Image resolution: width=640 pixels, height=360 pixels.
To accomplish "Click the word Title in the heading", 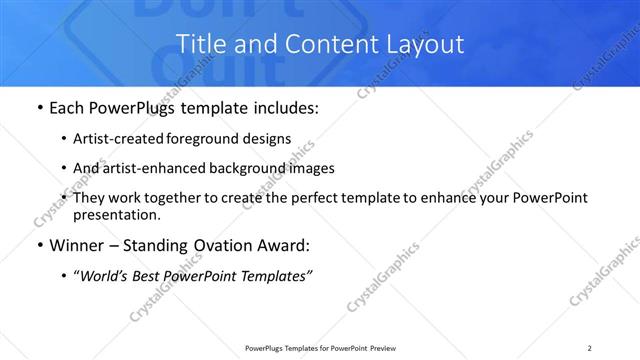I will pos(200,44).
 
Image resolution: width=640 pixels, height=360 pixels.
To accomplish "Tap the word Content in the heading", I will pos(312,44).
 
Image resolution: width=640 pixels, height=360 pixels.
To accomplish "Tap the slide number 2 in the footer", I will pos(591,348).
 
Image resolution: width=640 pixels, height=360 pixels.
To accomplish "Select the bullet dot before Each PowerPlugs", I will pos(38,107).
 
